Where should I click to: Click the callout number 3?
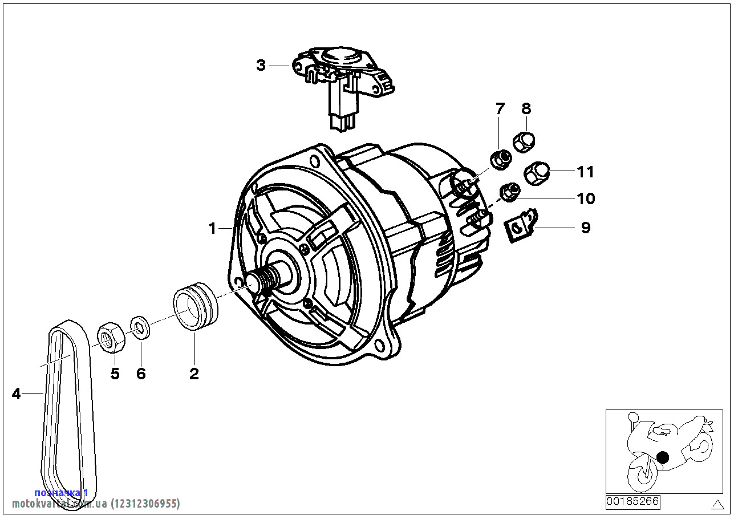(x=261, y=66)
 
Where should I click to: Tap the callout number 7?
(x=500, y=108)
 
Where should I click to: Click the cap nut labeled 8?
(x=524, y=141)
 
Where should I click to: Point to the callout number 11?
(x=585, y=172)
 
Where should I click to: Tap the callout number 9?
(x=585, y=228)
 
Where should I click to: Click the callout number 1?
(x=213, y=229)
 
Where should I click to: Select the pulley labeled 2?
(x=195, y=304)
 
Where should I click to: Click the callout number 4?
(x=16, y=393)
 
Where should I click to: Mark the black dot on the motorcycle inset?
(x=662, y=457)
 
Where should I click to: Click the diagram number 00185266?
(x=632, y=502)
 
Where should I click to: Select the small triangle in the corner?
(x=717, y=504)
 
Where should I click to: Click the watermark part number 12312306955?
(x=145, y=504)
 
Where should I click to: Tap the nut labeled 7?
(x=500, y=160)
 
